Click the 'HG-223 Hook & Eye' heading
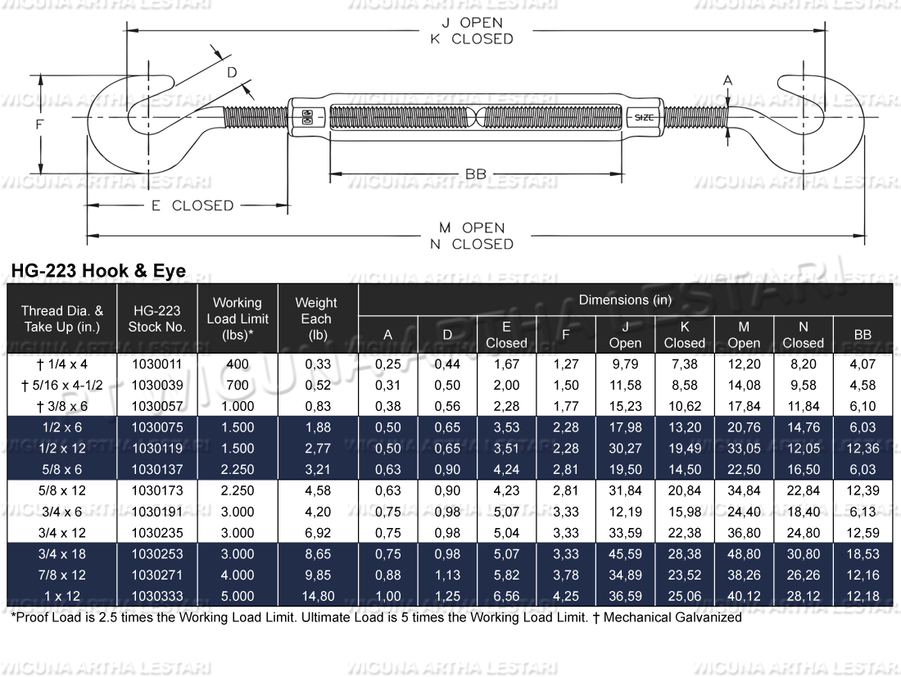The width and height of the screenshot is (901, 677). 97,271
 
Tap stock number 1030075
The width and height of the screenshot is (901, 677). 156,427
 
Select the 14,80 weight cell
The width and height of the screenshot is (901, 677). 315,596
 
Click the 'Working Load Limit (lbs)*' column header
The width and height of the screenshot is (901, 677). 237,318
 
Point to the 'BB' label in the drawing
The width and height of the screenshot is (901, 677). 475,174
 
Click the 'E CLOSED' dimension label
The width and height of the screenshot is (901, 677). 192,206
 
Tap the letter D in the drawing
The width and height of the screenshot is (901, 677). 232,73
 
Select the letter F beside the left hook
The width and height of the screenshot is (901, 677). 38,124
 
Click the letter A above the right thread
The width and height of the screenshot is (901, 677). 727,79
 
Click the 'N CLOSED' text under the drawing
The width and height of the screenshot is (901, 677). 471,244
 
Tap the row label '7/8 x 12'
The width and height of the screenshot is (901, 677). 62,575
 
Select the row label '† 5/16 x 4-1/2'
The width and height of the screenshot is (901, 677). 62,385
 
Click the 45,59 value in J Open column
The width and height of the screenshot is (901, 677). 624,553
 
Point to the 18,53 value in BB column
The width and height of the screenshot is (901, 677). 862,553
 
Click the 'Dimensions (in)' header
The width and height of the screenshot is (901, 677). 625,300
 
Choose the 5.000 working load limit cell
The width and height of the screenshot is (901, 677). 237,596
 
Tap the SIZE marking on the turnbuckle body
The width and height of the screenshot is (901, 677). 644,118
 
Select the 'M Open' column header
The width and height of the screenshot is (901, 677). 743,335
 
